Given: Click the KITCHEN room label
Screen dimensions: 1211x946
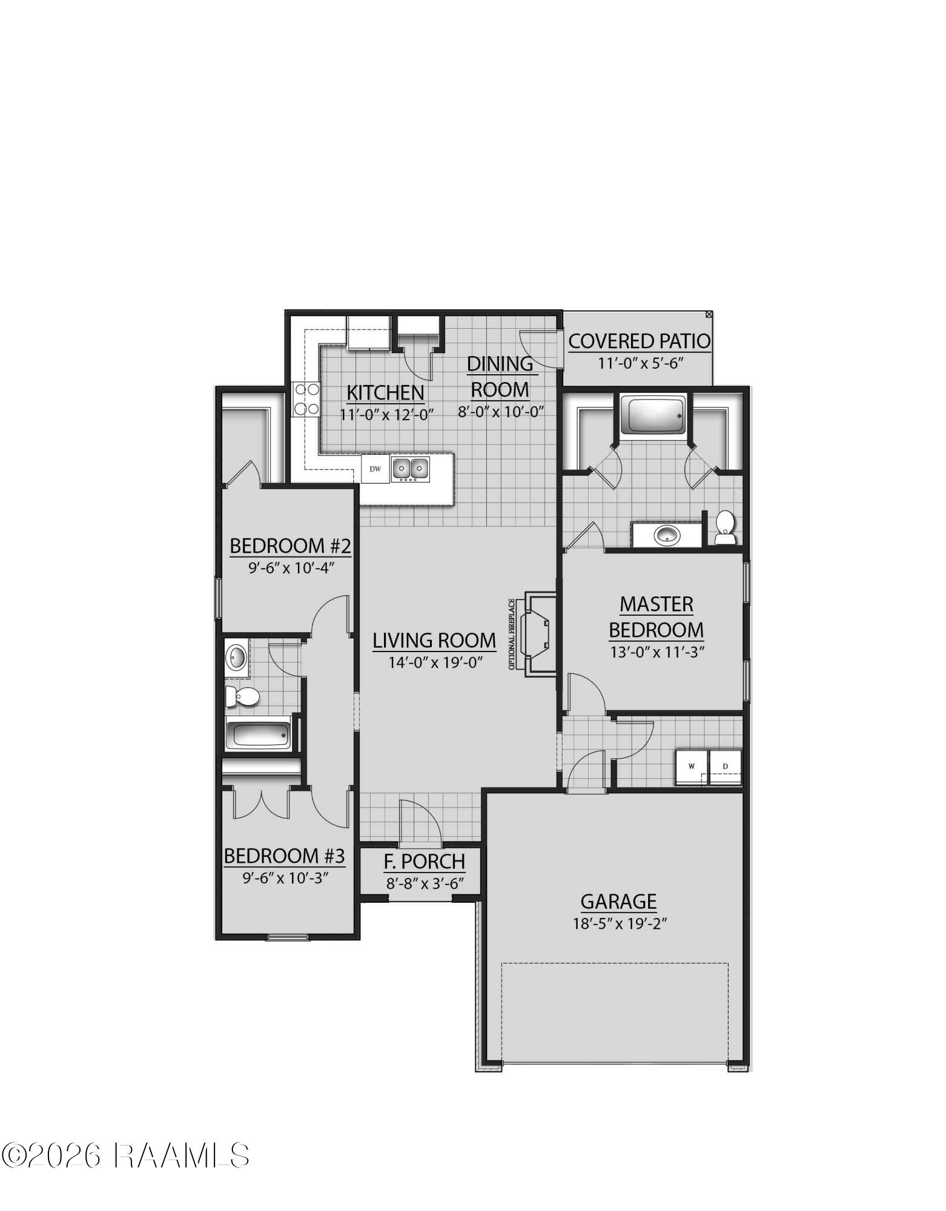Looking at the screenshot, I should tap(385, 392).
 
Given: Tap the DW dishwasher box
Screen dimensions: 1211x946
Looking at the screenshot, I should tap(375, 469).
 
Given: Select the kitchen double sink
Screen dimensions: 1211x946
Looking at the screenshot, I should tap(411, 469).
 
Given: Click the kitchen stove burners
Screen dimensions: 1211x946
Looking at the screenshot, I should tap(306, 400).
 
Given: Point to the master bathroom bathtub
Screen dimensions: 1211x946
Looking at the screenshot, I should tap(653, 415).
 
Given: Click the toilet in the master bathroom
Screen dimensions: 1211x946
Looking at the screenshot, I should tap(725, 528).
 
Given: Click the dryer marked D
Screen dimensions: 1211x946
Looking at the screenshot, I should tap(726, 767).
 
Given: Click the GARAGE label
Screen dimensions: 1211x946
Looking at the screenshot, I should tap(618, 902).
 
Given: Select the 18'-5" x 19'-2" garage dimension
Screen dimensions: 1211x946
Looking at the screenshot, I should tap(618, 924).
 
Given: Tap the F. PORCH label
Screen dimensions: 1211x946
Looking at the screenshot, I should tap(425, 861).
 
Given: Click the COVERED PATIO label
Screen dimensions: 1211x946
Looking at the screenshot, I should tap(639, 341).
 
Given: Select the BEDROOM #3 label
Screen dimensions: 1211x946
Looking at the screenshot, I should tap(285, 856).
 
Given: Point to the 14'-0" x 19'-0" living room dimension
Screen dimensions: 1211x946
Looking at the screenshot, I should tap(434, 662).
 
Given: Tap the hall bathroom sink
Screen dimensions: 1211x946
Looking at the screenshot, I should tap(236, 656).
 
